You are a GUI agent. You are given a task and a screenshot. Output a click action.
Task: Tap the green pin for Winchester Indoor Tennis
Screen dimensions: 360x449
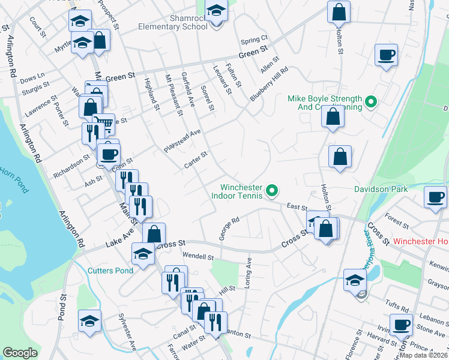tap(272, 191)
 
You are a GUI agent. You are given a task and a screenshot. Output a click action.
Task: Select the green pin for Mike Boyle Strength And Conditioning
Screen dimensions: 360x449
tap(371, 102)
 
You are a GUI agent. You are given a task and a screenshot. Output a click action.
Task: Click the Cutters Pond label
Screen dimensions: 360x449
tap(110, 271)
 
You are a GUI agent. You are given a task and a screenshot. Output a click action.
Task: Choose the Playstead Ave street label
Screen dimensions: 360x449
tap(182, 140)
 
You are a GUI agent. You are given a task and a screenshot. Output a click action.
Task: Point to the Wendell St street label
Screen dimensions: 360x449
tap(198, 257)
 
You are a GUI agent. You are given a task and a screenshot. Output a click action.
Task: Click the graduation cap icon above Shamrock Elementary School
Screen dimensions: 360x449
tap(216, 11)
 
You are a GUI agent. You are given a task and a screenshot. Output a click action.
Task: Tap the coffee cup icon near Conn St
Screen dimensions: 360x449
tap(109, 154)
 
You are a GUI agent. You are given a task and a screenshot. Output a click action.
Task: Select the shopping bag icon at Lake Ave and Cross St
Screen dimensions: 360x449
tap(154, 235)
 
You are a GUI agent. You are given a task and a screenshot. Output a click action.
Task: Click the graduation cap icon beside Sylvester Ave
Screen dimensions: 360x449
tap(89, 322)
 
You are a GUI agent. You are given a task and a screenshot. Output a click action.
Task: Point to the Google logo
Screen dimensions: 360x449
tap(20, 353)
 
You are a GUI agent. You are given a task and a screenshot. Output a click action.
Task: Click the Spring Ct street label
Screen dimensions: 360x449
tap(254, 41)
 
